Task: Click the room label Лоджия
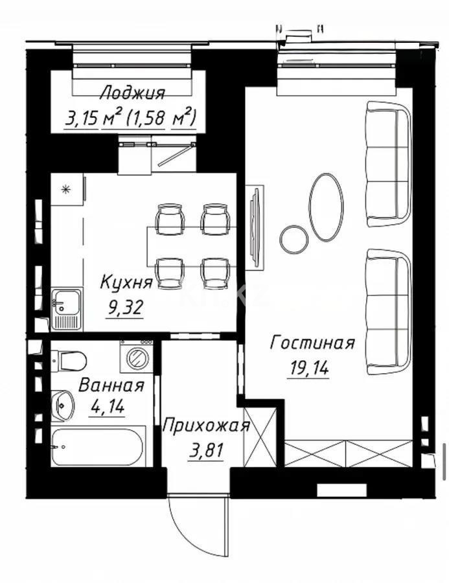point(133,93)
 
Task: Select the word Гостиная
point(312,343)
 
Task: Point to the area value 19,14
point(308,368)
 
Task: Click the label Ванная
point(111,385)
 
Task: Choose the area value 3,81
point(207,450)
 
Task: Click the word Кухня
point(126,282)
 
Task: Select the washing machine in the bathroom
point(137,356)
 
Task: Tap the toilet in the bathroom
point(68,358)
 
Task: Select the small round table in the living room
point(294,239)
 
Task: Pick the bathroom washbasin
point(62,405)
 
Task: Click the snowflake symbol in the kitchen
point(65,189)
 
